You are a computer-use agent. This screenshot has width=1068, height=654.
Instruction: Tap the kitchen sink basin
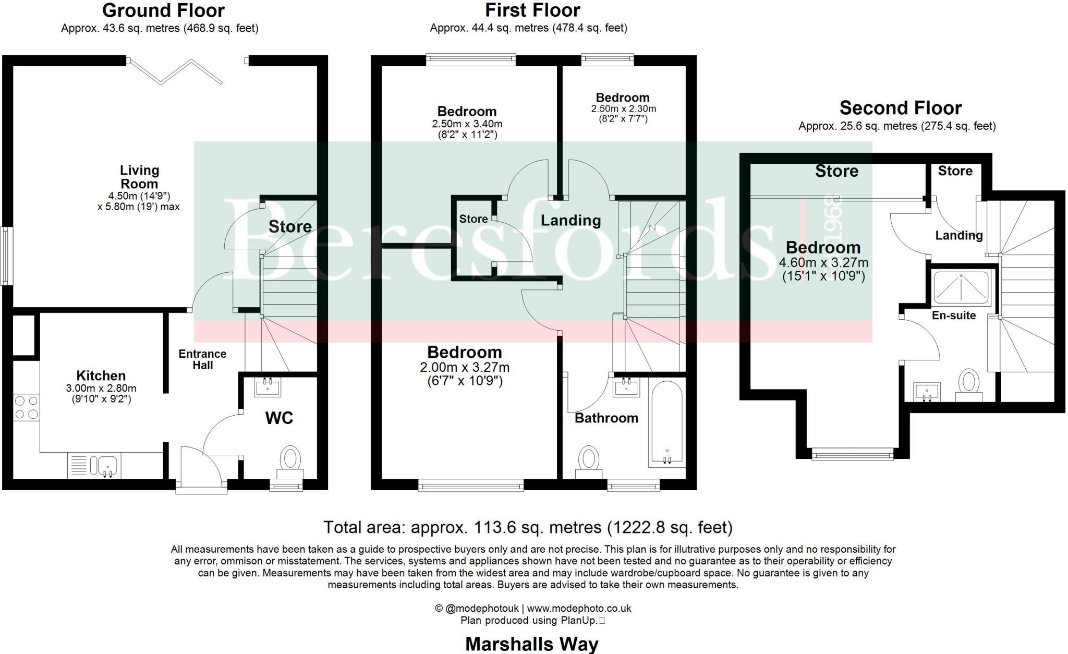point(107,464)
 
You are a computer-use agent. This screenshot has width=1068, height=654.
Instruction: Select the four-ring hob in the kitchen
point(26,408)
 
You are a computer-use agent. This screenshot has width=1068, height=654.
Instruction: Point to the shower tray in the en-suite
point(962,288)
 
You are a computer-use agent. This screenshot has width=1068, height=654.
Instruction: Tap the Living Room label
point(139,177)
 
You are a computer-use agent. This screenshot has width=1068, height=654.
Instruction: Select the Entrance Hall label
point(202,359)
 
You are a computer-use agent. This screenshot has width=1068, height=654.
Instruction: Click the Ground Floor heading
point(163,10)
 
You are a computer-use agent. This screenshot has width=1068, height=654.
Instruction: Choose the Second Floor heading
point(900,108)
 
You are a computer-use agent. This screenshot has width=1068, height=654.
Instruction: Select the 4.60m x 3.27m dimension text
point(823,263)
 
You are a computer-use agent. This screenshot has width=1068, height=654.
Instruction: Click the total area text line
point(528,527)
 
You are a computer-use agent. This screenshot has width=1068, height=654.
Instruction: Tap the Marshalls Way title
point(531,644)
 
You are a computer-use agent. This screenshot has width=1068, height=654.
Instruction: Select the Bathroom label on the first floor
point(606,418)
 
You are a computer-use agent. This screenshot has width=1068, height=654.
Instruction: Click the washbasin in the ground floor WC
point(268,387)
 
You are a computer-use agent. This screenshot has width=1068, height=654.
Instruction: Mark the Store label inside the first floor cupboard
point(473,219)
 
